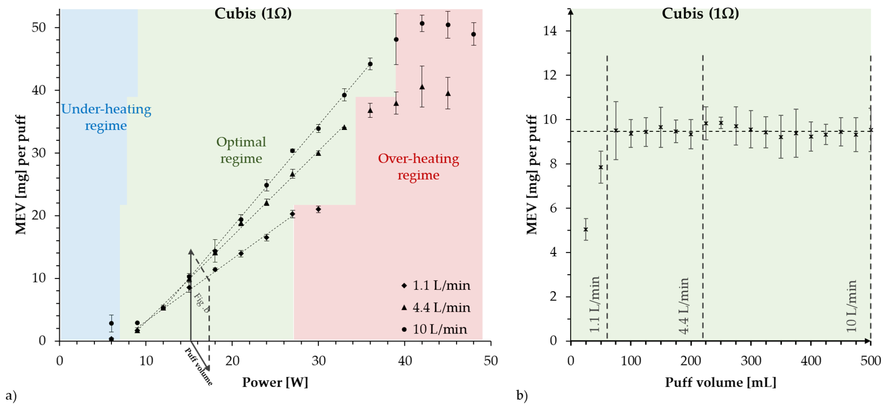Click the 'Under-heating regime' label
pyautogui.click(x=106, y=117)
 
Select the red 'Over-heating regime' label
pyautogui.click(x=418, y=167)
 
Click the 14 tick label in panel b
pyautogui.click(x=550, y=31)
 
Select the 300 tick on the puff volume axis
pyautogui.click(x=751, y=361)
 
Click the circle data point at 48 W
pyautogui.click(x=473, y=34)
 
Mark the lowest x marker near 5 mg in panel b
pyautogui.click(x=586, y=229)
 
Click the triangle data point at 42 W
pyautogui.click(x=422, y=87)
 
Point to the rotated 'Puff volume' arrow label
pyautogui.click(x=198, y=367)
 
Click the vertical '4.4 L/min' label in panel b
pyautogui.click(x=684, y=306)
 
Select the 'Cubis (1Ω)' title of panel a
pyautogui.click(x=253, y=14)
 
